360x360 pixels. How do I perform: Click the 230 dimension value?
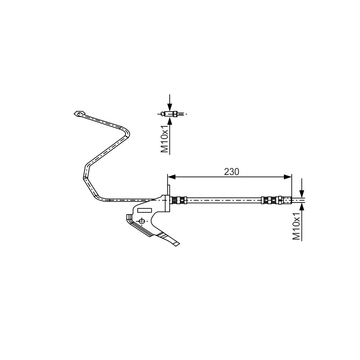tap(231, 172)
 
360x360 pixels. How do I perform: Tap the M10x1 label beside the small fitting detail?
tap(165, 139)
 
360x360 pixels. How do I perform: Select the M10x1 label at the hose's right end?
tap(297, 226)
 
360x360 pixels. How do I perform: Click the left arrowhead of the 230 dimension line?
tap(171, 177)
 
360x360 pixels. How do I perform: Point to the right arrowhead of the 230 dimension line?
tap(288, 177)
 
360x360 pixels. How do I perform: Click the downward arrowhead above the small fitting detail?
tap(170, 107)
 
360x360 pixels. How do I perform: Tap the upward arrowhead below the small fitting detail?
tap(170, 121)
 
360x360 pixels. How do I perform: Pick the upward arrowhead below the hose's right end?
tap(301, 207)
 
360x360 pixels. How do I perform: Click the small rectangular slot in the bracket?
tap(144, 210)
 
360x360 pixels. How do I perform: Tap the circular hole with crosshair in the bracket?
tap(142, 221)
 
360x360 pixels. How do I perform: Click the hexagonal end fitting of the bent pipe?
tap(79, 114)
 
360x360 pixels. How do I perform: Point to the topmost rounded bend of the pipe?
tap(126, 131)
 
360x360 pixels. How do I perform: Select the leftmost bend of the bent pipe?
tap(85, 175)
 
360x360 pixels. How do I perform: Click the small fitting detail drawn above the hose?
tap(170, 114)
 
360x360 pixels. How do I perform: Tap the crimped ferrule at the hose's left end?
tap(179, 200)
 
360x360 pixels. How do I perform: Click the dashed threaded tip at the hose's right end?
tap(287, 200)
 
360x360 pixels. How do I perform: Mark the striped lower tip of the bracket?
tap(170, 239)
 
